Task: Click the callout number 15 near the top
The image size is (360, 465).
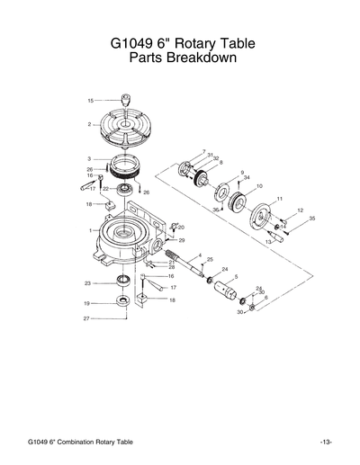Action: click(x=90, y=100)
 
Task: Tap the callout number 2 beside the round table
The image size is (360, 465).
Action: click(x=90, y=123)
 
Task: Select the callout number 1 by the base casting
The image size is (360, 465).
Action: click(x=90, y=231)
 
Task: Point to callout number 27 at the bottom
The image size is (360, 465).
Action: click(x=86, y=318)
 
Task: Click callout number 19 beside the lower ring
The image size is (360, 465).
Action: click(x=87, y=302)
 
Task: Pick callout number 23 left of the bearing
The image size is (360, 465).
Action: click(x=87, y=283)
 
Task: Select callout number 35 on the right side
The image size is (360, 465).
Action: click(x=311, y=219)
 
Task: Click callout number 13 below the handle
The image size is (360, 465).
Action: click(x=267, y=242)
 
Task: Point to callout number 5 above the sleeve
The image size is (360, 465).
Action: click(x=236, y=277)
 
